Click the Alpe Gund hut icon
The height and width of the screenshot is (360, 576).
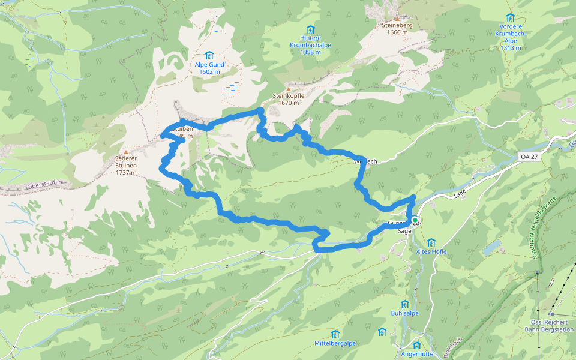coord(209,55)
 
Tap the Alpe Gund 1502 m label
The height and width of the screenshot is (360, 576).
coord(209,68)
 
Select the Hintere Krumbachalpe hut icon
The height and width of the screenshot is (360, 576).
coord(310,29)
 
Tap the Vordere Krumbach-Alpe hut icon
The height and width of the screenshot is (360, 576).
coord(511,17)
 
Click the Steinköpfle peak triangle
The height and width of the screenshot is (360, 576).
coord(289,89)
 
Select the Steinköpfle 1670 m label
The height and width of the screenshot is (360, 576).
coord(289,99)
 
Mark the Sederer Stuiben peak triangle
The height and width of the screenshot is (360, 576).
coord(126,152)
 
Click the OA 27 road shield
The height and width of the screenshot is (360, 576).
coord(526,157)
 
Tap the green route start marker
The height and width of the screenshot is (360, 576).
coord(414,220)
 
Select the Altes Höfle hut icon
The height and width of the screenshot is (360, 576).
coord(431,242)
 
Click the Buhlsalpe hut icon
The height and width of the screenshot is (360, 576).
coord(404,304)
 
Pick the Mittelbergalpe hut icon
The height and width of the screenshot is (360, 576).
coord(335,334)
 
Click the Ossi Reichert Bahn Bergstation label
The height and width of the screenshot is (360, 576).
coord(549,326)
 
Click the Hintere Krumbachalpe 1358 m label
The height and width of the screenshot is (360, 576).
coord(310,44)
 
